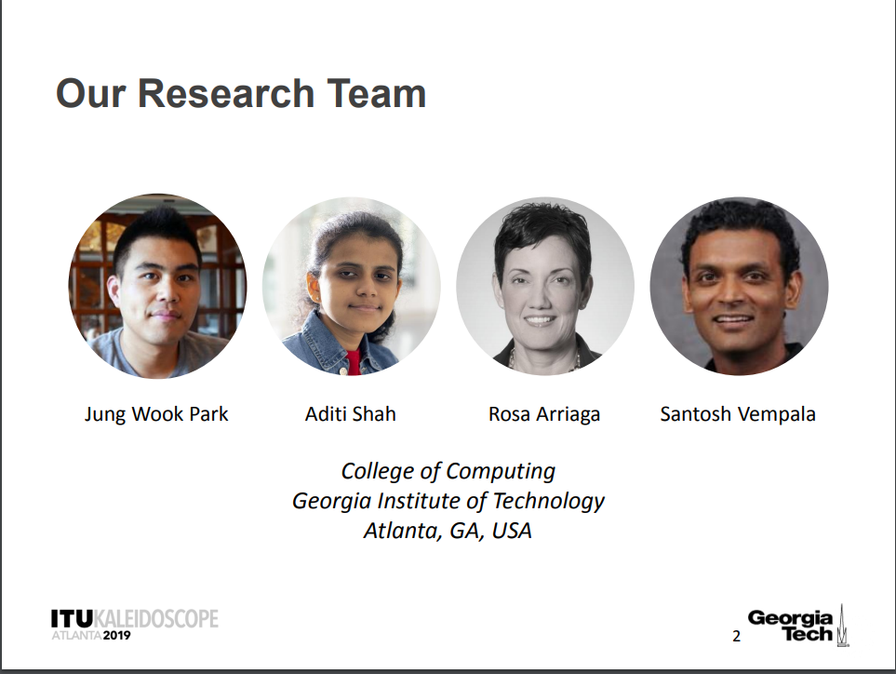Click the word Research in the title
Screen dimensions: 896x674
pos(226,94)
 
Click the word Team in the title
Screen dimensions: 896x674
pos(377,94)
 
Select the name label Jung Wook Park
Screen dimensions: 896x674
pos(156,414)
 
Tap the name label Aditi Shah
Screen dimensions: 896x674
pos(350,414)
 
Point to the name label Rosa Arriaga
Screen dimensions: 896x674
pos(544,414)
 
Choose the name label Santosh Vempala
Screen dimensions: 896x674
pos(738,414)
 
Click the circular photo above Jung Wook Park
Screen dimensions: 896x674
pos(158,286)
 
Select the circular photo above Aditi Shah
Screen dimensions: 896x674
pos(352,286)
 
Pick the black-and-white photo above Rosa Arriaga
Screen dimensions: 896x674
pos(545,286)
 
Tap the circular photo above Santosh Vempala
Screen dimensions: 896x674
pos(739,286)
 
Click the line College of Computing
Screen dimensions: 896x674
pos(448,472)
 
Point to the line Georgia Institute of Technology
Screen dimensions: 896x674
pos(448,502)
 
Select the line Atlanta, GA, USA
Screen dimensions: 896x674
pos(448,531)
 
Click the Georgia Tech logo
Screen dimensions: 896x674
pos(797,626)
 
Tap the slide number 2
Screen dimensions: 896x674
pos(737,636)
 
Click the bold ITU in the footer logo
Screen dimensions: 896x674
pos(72,618)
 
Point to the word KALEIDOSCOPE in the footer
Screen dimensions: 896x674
pos(155,618)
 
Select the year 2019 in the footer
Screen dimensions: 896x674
pos(116,635)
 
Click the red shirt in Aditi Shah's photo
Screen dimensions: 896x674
pos(354,362)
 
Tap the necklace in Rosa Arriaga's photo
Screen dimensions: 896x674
pos(544,361)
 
